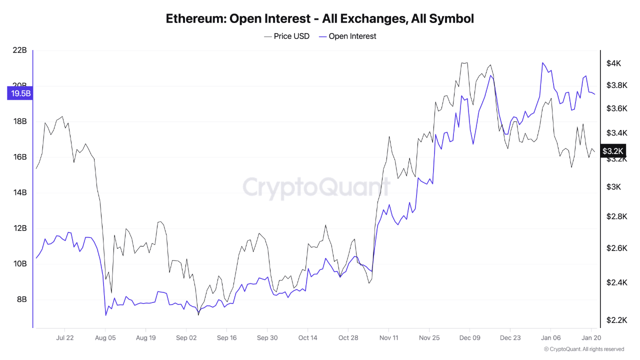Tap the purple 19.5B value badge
click(20, 93)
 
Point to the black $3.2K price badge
click(612, 150)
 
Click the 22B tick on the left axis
click(19, 50)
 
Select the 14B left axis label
click(19, 192)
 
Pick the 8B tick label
click(21, 299)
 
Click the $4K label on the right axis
click(613, 63)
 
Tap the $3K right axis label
click(613, 187)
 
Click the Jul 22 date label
click(64, 337)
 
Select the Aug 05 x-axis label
click(105, 337)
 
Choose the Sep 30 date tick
click(266, 337)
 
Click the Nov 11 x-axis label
click(388, 337)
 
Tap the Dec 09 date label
click(469, 337)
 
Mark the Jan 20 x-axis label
click(591, 337)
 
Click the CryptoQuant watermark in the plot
click(316, 187)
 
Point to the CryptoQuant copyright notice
click(584, 349)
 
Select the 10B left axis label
click(19, 263)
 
